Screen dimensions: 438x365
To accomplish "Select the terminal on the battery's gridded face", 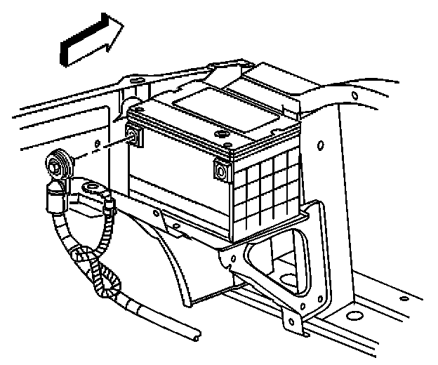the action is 221,171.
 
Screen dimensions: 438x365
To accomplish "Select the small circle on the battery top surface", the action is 224,133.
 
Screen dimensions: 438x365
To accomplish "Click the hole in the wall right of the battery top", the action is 319,145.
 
